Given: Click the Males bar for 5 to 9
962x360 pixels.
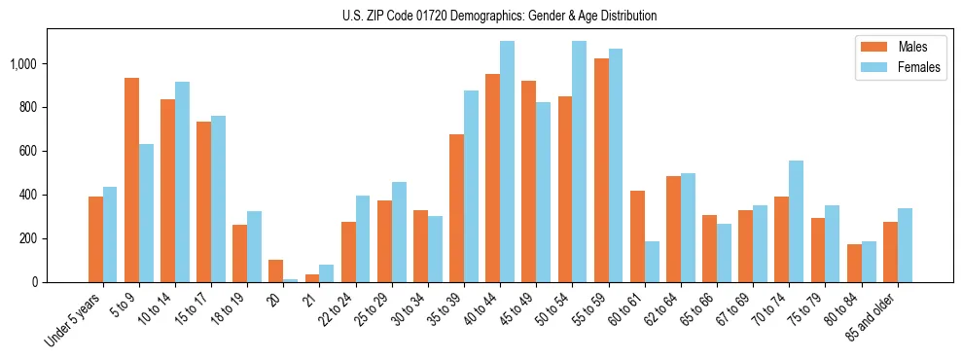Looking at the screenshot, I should tap(131, 180).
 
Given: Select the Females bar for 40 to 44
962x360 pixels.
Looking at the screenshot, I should tap(507, 162).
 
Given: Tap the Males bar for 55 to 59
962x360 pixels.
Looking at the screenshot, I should tap(601, 170).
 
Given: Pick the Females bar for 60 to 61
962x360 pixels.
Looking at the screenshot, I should tap(652, 262).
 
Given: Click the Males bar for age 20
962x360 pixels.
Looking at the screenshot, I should tap(276, 270).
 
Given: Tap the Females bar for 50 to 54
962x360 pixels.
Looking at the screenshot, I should tap(579, 162).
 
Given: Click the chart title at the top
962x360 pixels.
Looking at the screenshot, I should tap(499, 16).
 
